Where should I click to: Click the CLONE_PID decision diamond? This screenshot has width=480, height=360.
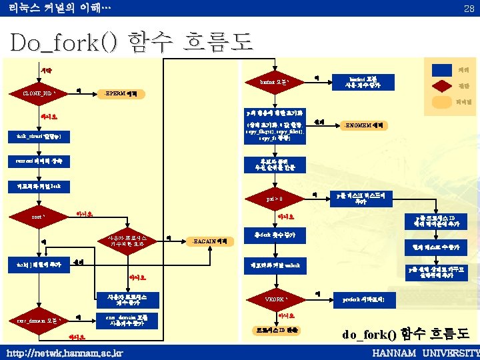pyautogui.click(x=42, y=93)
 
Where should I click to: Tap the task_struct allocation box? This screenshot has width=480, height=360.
pyautogui.click(x=41, y=137)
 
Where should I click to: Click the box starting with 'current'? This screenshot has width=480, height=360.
pyautogui.click(x=41, y=162)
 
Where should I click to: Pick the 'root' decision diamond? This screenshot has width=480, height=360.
pyautogui.click(x=41, y=217)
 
